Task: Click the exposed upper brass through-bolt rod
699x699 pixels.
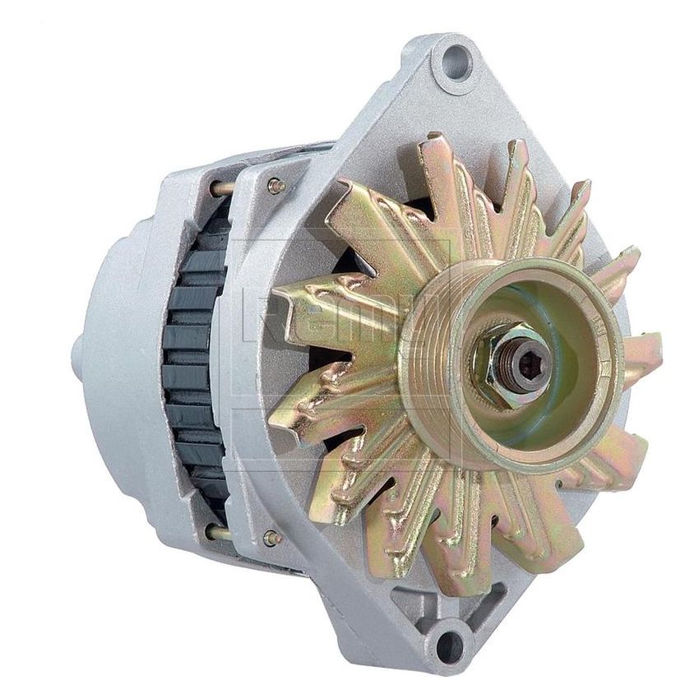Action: (x=221, y=188)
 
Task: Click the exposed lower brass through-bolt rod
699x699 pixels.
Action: (x=219, y=532)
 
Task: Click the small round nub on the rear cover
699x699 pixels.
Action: (x=77, y=354)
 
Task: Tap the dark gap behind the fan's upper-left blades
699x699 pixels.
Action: (x=354, y=263)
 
